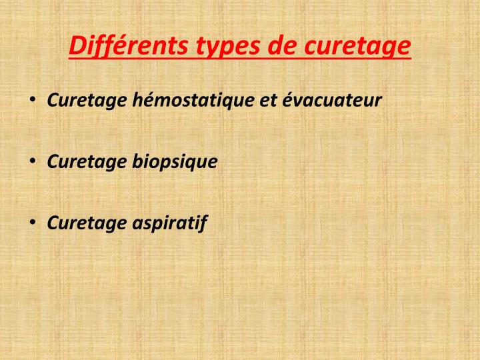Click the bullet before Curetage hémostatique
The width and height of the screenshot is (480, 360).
click(33, 101)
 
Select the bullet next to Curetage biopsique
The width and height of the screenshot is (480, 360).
click(33, 161)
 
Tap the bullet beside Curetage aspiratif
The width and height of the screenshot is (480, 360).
click(33, 222)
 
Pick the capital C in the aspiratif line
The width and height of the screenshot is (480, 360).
click(53, 222)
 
